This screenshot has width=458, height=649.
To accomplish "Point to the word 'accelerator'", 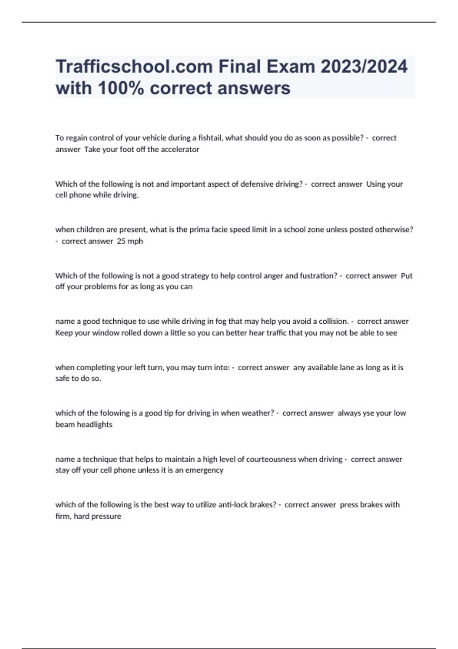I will coord(180,149).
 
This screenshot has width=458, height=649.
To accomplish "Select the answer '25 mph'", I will coord(130,241).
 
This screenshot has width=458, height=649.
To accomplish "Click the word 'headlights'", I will coord(94,425).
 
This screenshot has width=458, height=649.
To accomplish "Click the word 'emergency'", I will coord(204,470).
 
